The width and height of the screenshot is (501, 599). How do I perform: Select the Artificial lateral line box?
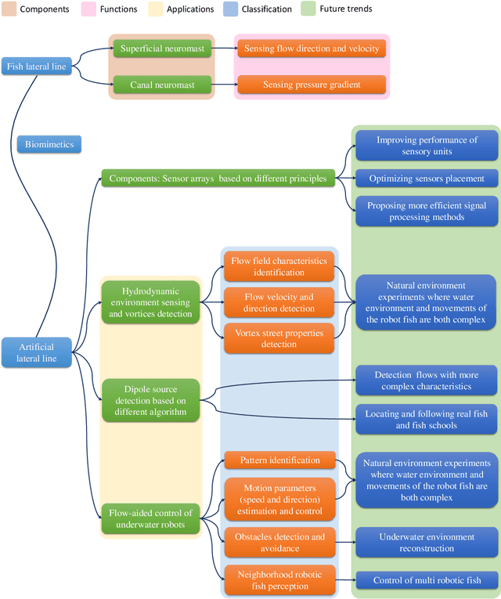pyautogui.click(x=36, y=352)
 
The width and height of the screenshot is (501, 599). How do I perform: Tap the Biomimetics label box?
pyautogui.click(x=49, y=144)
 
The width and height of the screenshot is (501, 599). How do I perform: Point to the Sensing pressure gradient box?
pyautogui.click(x=311, y=84)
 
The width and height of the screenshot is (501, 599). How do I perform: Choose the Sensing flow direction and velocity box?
pyautogui.click(x=311, y=49)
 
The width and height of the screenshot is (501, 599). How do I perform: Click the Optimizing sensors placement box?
pyautogui.click(x=427, y=178)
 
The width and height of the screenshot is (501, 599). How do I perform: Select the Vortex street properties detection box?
pyautogui.click(x=279, y=338)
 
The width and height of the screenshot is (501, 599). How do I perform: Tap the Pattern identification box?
pyautogui.click(x=279, y=460)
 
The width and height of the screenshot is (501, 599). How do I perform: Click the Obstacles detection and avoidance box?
pyautogui.click(x=279, y=543)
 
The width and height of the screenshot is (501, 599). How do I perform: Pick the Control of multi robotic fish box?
pyautogui.click(x=427, y=580)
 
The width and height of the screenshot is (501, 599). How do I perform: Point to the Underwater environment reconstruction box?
pyautogui.click(x=427, y=543)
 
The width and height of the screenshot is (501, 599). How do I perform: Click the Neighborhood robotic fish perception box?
pyautogui.click(x=279, y=580)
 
